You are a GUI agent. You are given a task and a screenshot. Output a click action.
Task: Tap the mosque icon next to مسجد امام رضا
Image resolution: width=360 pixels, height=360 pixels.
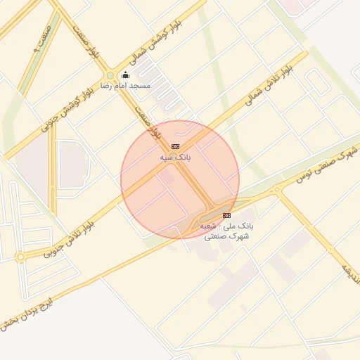[x=125, y=75]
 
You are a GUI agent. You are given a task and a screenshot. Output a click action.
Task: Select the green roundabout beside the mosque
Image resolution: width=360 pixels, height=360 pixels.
[x=110, y=76]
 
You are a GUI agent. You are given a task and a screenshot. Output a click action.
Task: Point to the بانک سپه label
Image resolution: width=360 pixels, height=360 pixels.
[x=176, y=157]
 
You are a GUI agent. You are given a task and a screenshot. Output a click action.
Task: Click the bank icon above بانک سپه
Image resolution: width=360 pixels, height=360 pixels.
[x=175, y=146]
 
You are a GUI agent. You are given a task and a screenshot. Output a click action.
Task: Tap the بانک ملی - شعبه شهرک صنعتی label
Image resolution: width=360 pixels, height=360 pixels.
[x=226, y=231]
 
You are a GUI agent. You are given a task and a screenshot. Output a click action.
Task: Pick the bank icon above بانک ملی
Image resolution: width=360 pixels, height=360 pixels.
[x=226, y=215]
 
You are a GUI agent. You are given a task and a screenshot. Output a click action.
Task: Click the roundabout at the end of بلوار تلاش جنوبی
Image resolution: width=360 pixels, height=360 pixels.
[x=20, y=257]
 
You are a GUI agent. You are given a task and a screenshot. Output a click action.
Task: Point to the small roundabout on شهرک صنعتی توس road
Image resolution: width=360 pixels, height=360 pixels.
[x=276, y=188]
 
